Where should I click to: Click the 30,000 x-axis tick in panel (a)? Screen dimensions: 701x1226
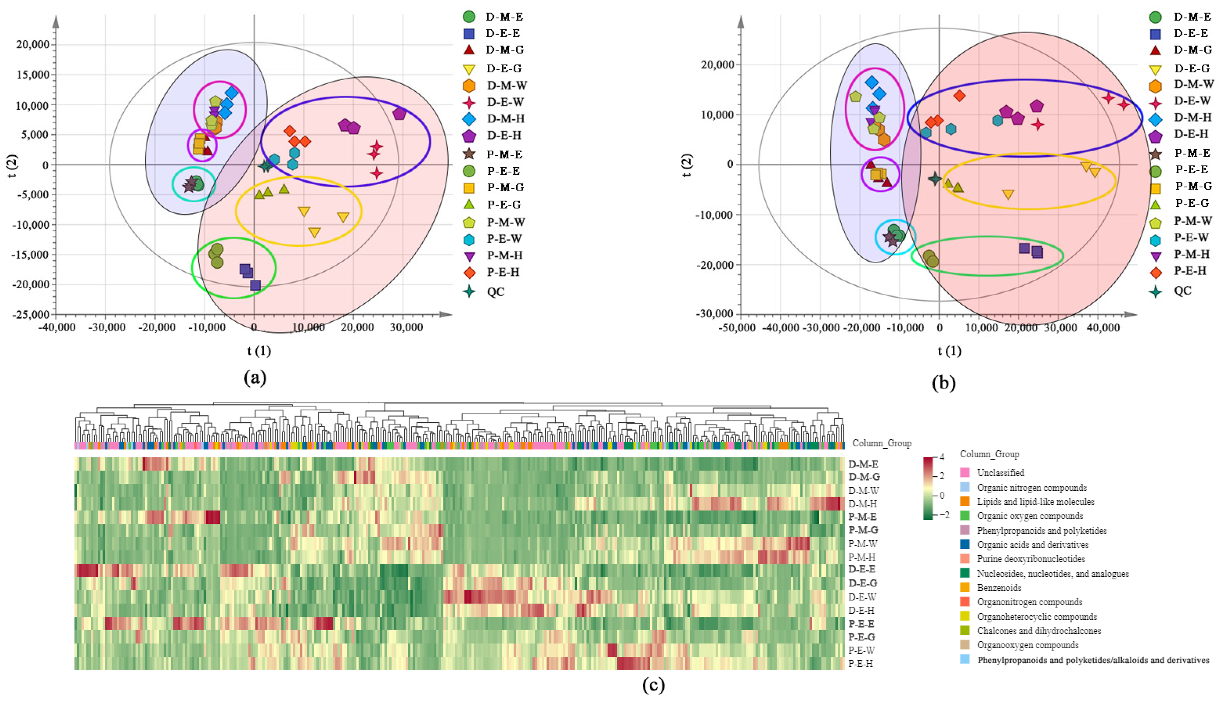pyautogui.click(x=406, y=327)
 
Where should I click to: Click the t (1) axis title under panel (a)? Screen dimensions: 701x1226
pyautogui.click(x=259, y=351)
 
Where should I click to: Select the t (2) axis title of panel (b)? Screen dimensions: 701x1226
pyautogui.click(x=687, y=165)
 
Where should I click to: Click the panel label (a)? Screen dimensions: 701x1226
pyautogui.click(x=255, y=378)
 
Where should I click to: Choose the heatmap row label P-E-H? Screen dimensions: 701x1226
pyautogui.click(x=861, y=663)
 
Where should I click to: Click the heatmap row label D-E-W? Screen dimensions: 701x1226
pyautogui.click(x=862, y=597)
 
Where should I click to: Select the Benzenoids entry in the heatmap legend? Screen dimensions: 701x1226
pyautogui.click(x=999, y=588)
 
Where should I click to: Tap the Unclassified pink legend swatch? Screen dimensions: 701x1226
pyautogui.click(x=965, y=473)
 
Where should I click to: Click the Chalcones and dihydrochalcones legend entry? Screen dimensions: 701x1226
pyautogui.click(x=1038, y=631)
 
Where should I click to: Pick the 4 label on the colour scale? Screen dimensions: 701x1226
pyautogui.click(x=942, y=457)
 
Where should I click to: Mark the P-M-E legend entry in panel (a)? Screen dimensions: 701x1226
pyautogui.click(x=504, y=155)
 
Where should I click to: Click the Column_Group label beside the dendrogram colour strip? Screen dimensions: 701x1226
pyautogui.click(x=882, y=443)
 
